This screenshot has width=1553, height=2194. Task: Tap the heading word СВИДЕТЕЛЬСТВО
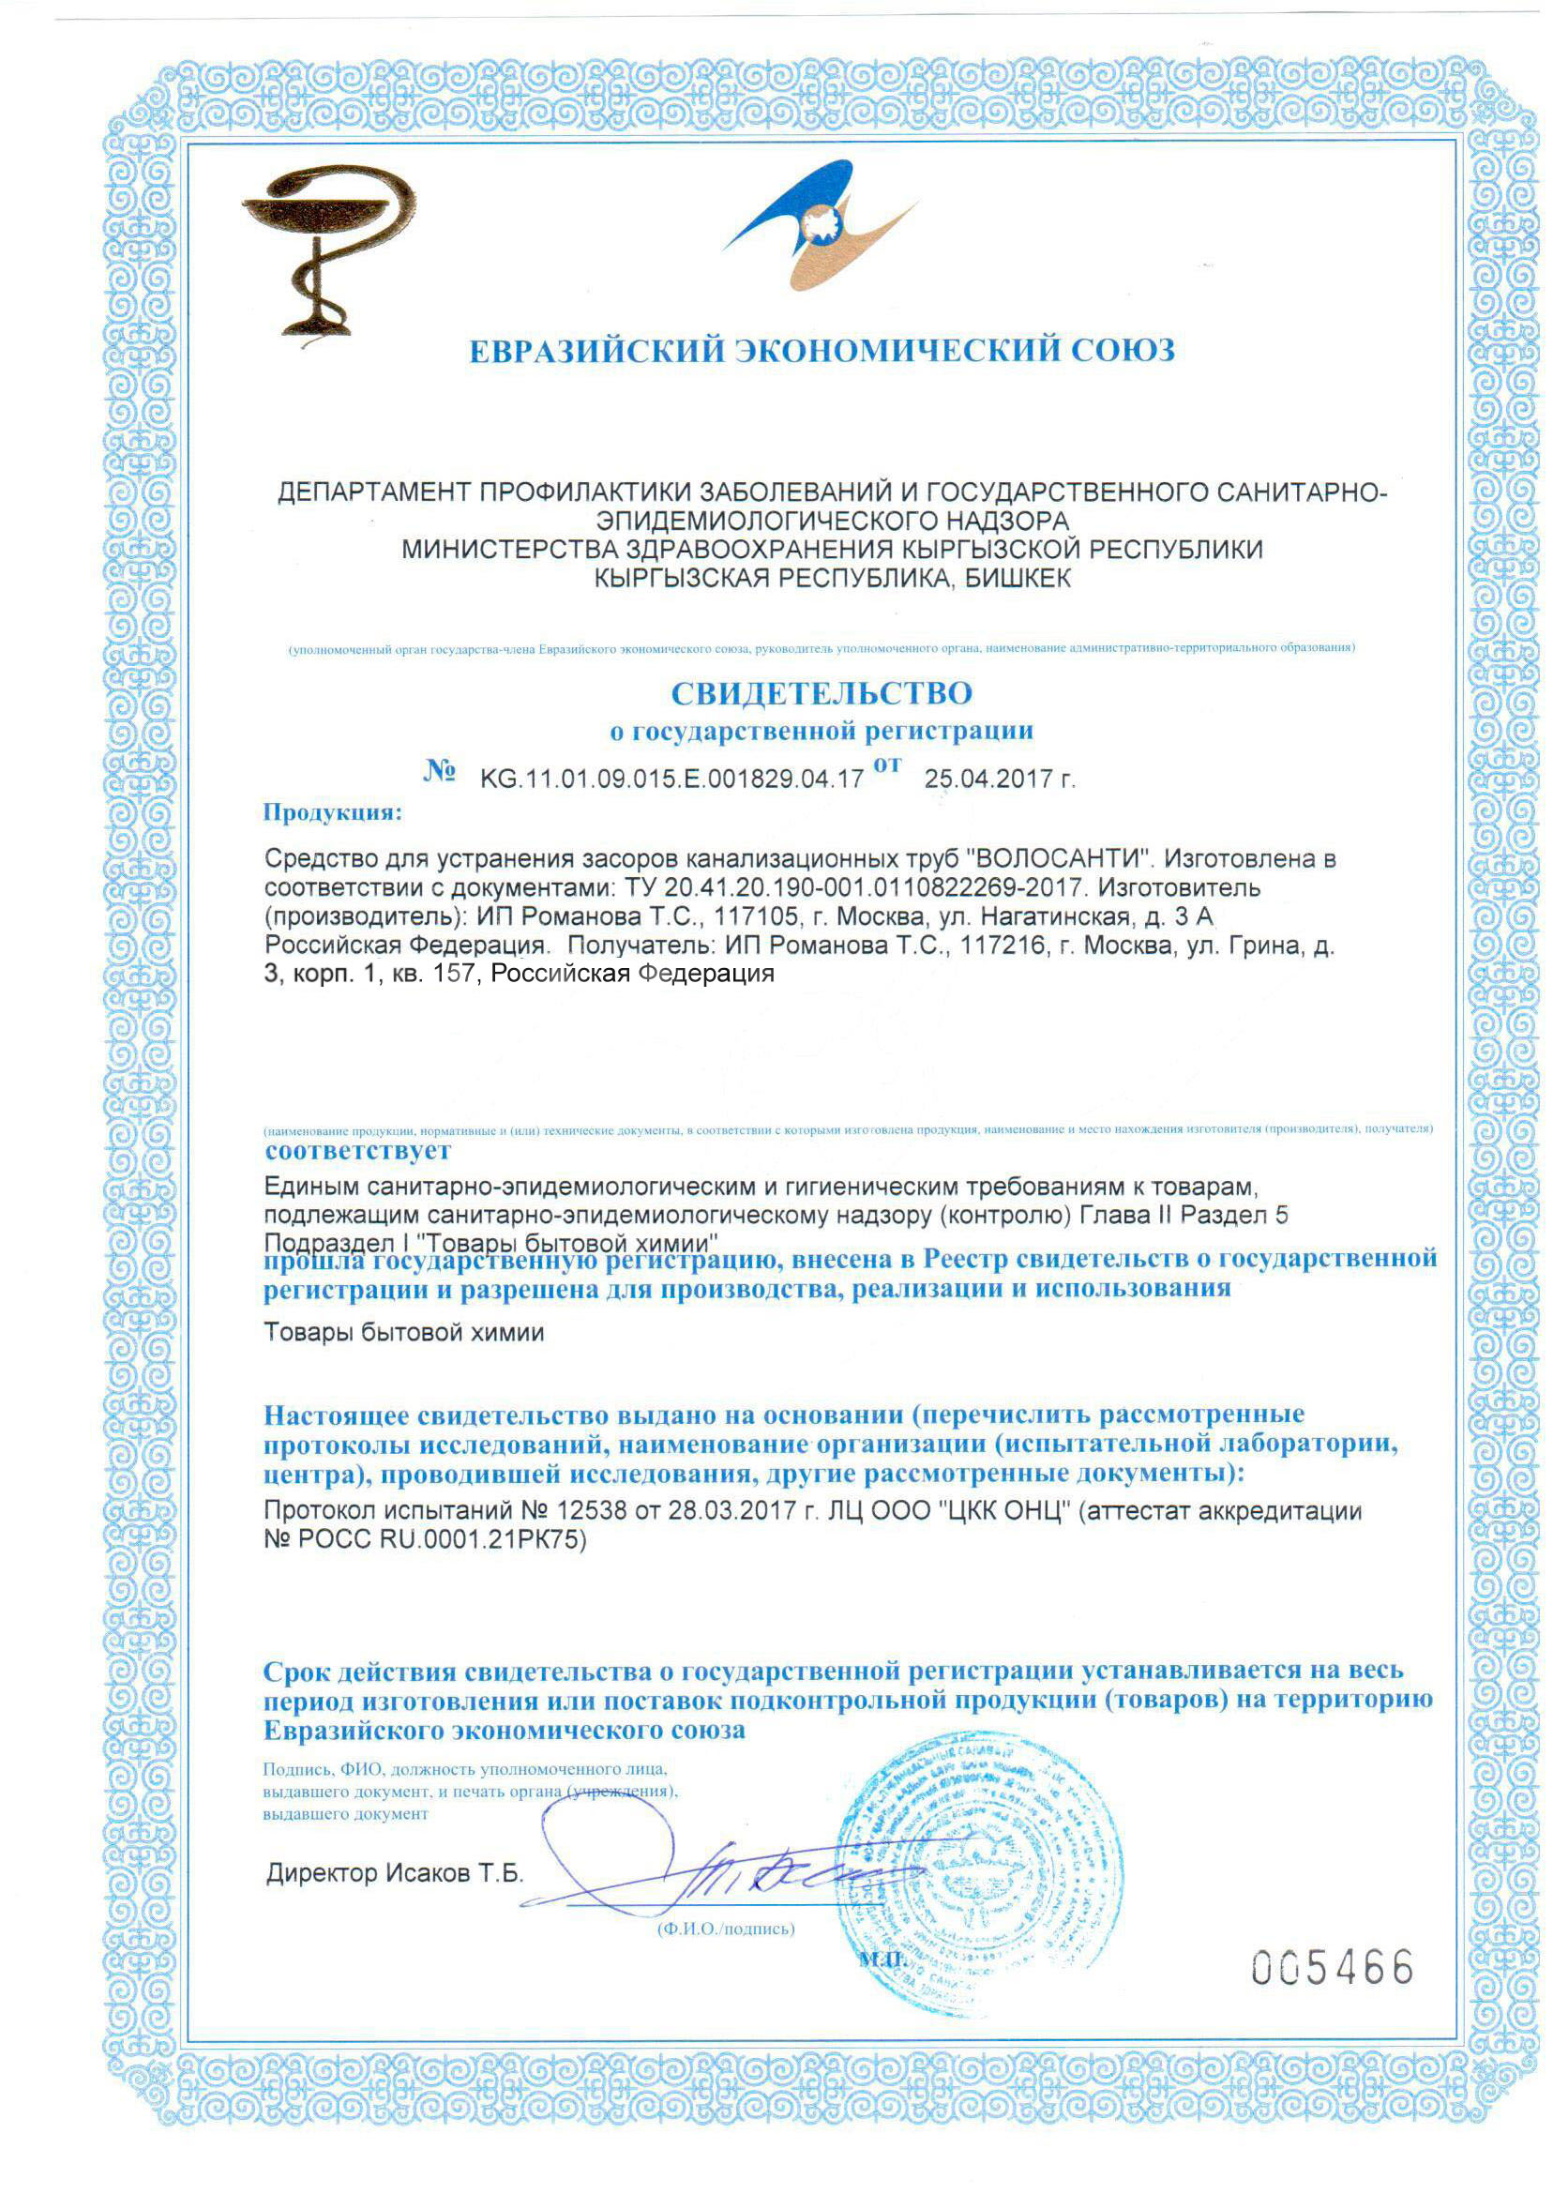(x=822, y=692)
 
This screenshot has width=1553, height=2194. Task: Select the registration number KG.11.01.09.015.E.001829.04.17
(x=671, y=779)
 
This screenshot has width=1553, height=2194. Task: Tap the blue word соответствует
(x=357, y=1151)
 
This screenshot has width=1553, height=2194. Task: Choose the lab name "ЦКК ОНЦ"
(x=1003, y=1511)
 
